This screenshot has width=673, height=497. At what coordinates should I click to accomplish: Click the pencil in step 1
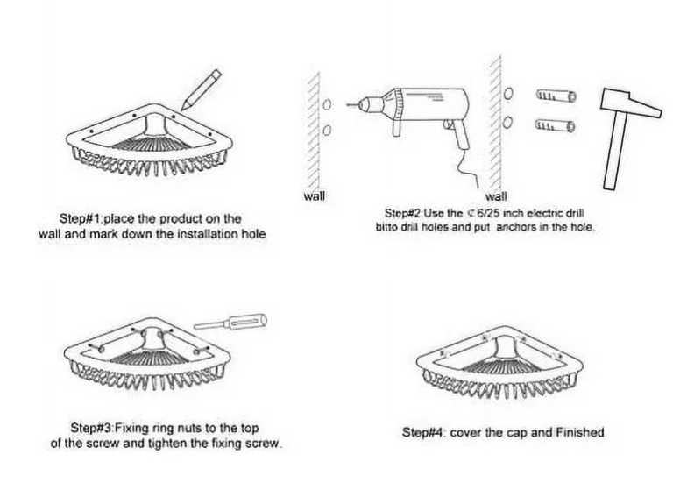point(201,90)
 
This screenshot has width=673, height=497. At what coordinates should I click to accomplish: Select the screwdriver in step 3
point(230,323)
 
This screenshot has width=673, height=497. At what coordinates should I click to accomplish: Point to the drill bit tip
point(347,104)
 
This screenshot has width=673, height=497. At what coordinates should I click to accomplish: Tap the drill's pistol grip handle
point(460,134)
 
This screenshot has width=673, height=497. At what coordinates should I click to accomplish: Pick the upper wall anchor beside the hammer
point(556,96)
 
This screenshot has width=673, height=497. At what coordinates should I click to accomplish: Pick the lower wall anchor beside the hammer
point(555,125)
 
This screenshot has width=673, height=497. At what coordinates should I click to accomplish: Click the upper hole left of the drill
point(327,104)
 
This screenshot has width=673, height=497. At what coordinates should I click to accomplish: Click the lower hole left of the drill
point(327,130)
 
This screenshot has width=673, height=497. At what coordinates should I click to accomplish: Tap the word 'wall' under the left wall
point(315,196)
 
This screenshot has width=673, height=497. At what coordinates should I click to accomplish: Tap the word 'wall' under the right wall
point(496,196)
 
